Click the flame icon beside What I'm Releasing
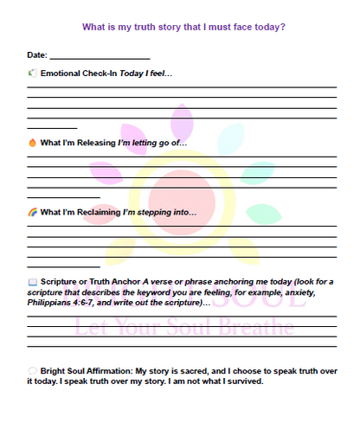32,142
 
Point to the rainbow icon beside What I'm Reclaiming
32,211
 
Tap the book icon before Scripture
32,281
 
